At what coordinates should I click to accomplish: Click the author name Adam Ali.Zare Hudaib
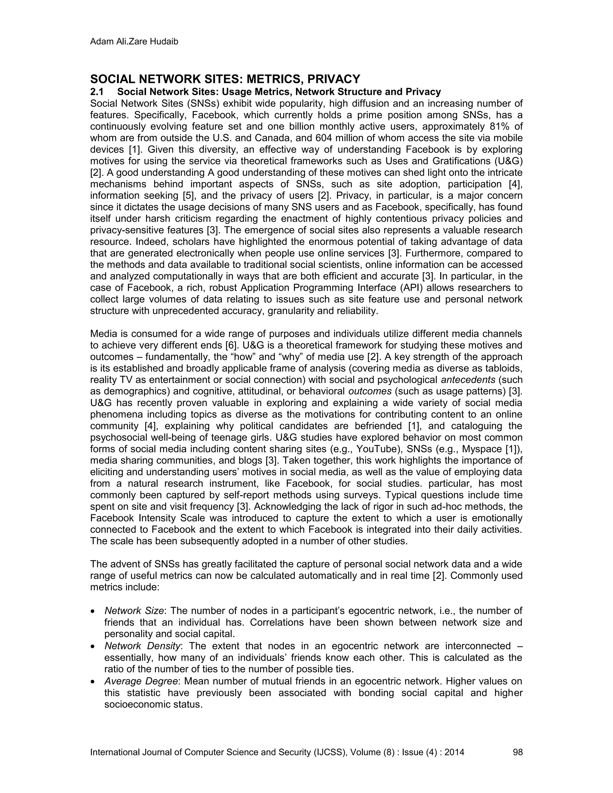[134, 42]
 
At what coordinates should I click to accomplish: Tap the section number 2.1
[97, 92]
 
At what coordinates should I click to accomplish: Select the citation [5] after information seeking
[189, 196]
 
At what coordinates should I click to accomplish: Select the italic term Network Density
[142, 646]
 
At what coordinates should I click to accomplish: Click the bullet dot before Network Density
[93, 647]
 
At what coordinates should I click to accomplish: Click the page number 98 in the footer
[518, 752]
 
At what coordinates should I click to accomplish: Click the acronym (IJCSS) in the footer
[330, 752]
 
